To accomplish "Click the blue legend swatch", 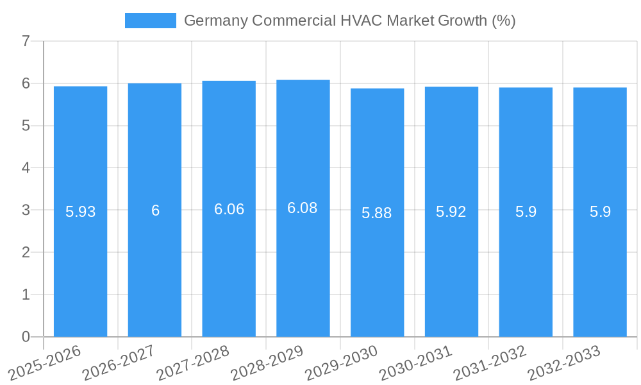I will [150, 21].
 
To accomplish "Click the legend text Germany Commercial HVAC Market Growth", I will [349, 21].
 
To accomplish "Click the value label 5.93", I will [80, 212].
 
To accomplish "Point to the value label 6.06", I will [229, 209].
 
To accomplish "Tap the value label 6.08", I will [303, 208].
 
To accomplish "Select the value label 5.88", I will [377, 213].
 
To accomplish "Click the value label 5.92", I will [451, 212].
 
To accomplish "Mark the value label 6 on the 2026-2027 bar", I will [155, 210].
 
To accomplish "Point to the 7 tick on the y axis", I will [26, 41].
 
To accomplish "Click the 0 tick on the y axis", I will [26, 337].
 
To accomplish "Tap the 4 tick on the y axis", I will [26, 167].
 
